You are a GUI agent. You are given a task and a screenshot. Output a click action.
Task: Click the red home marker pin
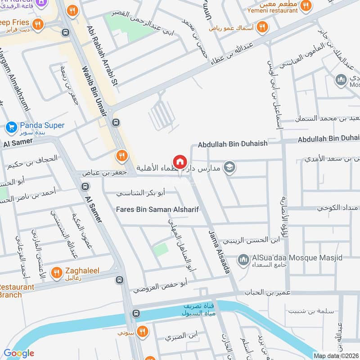pos(180,162)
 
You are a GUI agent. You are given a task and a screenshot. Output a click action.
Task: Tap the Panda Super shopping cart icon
pos(12,127)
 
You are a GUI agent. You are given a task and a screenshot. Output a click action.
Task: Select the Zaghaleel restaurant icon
pos(56,272)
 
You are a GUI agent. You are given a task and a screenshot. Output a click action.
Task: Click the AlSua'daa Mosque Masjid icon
pos(243,260)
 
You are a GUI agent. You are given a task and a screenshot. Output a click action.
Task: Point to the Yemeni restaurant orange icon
pos(306,6)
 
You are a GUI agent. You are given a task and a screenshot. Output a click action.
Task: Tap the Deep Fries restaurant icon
pos(38,23)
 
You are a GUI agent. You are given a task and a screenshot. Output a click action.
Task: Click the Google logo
pos(18,353)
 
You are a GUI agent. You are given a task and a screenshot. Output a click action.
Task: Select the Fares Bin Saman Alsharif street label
pos(157,209)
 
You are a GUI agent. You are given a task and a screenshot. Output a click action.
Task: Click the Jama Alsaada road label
pos(220,252)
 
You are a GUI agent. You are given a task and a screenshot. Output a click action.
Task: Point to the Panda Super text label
pos(42,126)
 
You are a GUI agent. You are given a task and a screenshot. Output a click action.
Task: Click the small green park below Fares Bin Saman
pos(161,249)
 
